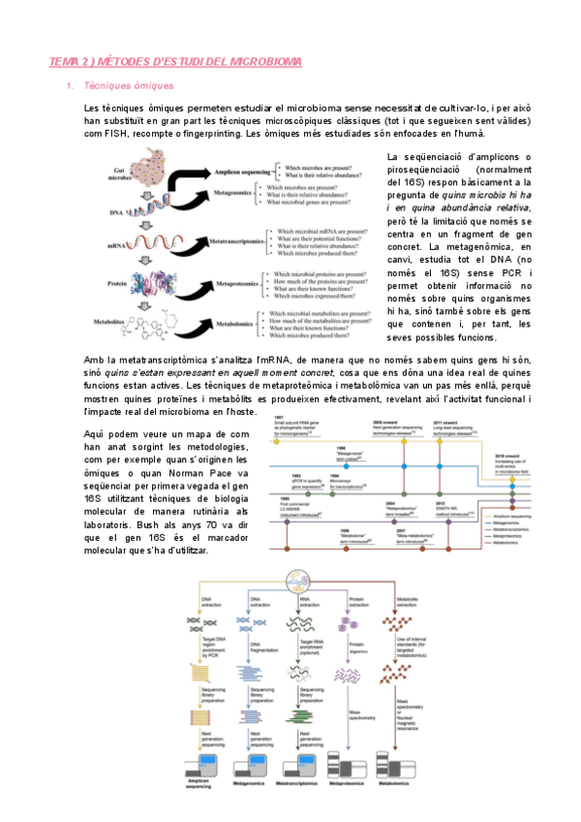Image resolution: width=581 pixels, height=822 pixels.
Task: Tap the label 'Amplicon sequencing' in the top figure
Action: (242, 171)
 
